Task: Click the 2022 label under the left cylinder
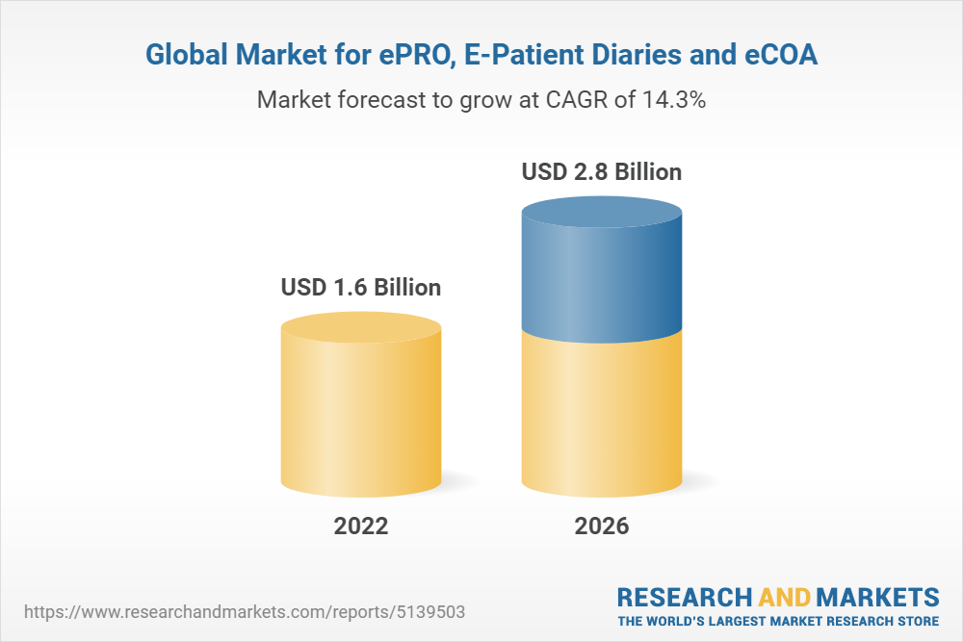[x=361, y=526]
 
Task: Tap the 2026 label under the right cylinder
[x=602, y=526]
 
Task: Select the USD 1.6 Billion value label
[x=361, y=287]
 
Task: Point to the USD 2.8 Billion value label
[x=602, y=172]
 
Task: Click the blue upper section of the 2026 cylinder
[x=602, y=279]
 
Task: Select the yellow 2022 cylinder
[x=361, y=414]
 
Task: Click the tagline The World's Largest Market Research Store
[x=778, y=620]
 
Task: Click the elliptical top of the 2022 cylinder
[x=361, y=326]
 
